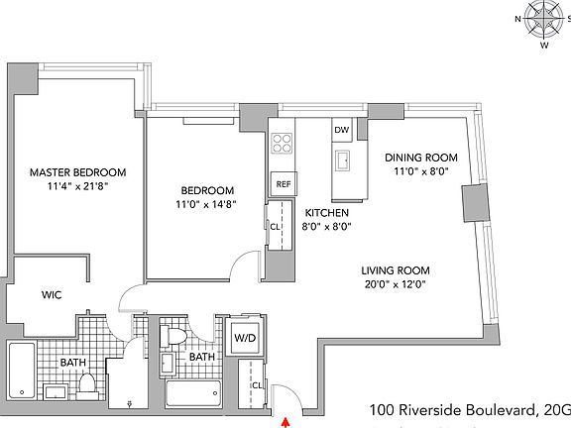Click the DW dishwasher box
click(x=341, y=130)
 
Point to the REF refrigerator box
click(x=283, y=183)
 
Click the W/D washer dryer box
click(x=243, y=338)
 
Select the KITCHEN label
click(x=327, y=212)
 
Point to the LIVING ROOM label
click(x=395, y=269)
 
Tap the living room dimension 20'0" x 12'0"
click(x=395, y=285)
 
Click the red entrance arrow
click(x=286, y=421)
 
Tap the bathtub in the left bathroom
click(x=21, y=372)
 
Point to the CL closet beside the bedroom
click(x=275, y=225)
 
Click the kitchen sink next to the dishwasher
click(x=344, y=161)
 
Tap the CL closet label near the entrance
click(x=256, y=385)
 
